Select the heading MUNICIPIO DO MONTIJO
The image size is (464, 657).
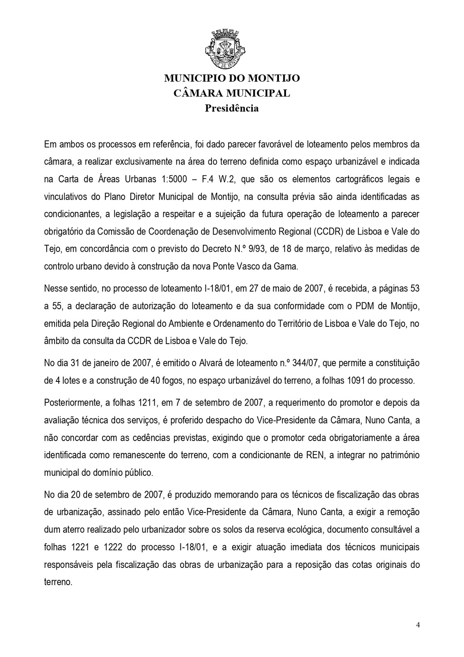pos(232,78)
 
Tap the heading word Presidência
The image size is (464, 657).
pos(232,108)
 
